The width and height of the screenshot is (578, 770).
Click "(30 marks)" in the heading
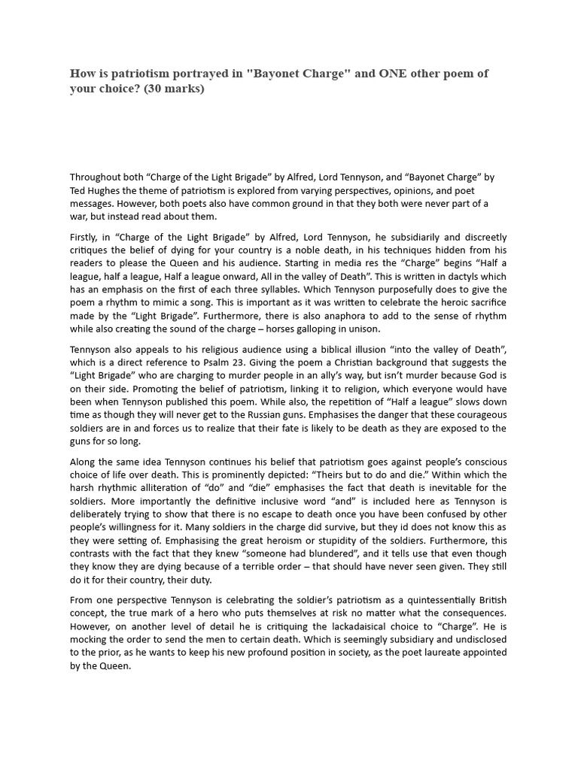[172, 89]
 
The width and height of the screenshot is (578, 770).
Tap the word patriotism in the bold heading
[142, 74]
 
